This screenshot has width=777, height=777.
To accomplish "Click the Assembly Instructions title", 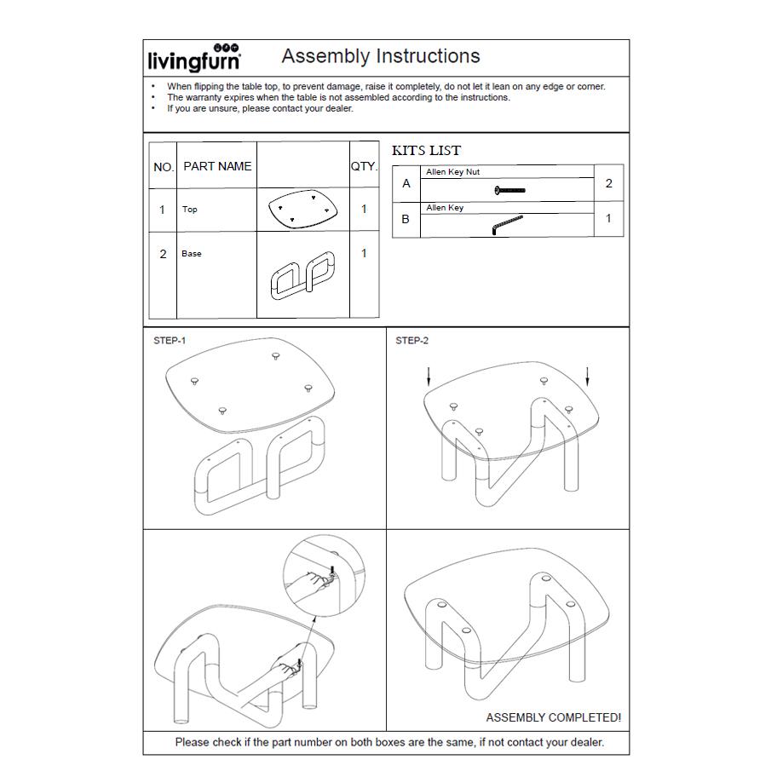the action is (381, 56).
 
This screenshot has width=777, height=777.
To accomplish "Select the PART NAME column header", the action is (217, 166).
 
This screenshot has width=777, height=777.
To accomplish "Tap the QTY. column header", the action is (365, 166).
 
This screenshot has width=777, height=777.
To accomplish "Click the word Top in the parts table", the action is (190, 210).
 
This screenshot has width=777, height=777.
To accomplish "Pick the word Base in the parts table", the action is (192, 254).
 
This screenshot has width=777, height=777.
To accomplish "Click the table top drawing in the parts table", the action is (302, 209).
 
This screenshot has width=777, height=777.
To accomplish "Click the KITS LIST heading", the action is (426, 151).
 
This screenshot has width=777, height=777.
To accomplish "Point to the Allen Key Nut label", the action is (453, 172).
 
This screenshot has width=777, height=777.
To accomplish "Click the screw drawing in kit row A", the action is (509, 190).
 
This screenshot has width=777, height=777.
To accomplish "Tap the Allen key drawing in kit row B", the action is (507, 224).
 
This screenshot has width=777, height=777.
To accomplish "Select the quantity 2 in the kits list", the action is (609, 183).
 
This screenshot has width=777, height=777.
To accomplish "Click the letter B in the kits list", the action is (406, 219).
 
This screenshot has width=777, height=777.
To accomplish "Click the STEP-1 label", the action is (170, 341).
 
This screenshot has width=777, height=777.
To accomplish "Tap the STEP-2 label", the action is (412, 341).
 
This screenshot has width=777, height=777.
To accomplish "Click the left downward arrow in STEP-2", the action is (429, 376).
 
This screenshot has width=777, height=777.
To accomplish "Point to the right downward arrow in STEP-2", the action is (588, 376).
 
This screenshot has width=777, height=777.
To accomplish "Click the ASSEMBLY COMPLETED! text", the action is (554, 717).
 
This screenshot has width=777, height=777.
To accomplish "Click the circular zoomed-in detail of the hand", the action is (324, 575).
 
